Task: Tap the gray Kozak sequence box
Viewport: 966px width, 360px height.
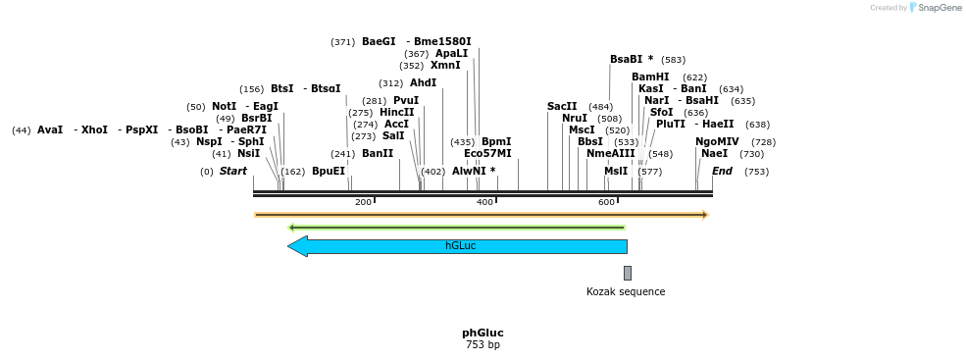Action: (628, 273)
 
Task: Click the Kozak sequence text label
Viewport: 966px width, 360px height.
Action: (626, 291)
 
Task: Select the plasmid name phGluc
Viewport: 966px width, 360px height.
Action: (483, 333)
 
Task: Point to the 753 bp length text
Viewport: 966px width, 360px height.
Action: (483, 345)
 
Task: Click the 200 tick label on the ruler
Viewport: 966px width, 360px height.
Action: (363, 202)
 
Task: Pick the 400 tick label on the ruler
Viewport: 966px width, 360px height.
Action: (484, 202)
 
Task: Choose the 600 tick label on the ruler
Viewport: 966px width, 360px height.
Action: (606, 202)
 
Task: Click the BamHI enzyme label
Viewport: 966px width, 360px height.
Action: (650, 77)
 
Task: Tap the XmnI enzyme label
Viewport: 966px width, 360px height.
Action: (445, 66)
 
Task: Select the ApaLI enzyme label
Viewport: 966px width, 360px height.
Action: (451, 54)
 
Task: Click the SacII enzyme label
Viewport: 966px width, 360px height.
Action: (562, 106)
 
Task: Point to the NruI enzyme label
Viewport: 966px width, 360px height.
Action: (575, 118)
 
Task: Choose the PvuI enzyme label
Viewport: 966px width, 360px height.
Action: (406, 100)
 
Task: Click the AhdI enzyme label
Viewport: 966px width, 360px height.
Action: (423, 83)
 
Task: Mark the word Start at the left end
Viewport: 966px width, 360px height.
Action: (233, 172)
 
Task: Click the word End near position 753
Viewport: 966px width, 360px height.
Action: (722, 172)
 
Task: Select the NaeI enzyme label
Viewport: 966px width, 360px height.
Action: (715, 154)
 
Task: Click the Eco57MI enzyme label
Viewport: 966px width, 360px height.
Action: (487, 154)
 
